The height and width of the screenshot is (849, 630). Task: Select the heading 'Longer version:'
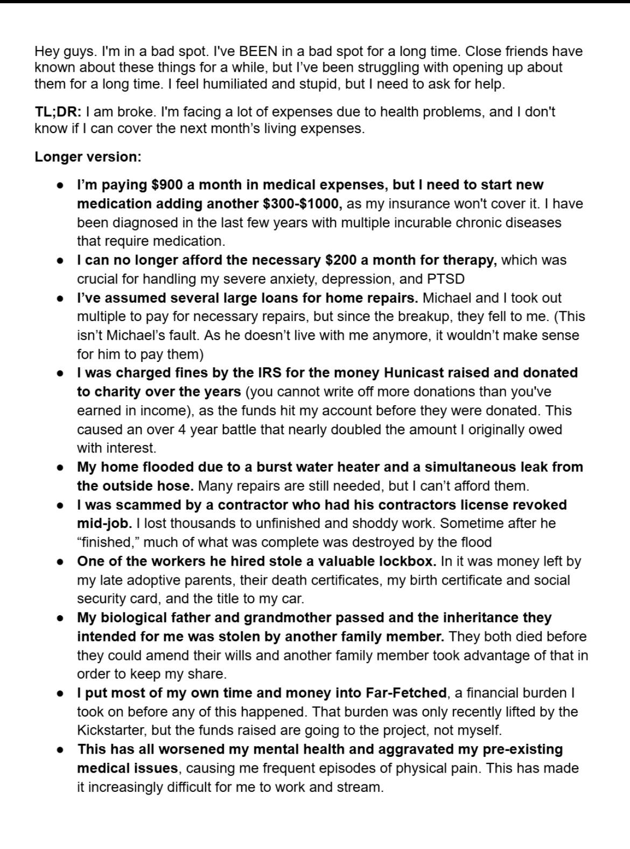(88, 157)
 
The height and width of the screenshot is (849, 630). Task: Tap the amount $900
(167, 185)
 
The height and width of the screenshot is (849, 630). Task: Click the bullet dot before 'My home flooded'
(61, 467)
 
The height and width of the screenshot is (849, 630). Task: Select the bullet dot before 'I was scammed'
(61, 505)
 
